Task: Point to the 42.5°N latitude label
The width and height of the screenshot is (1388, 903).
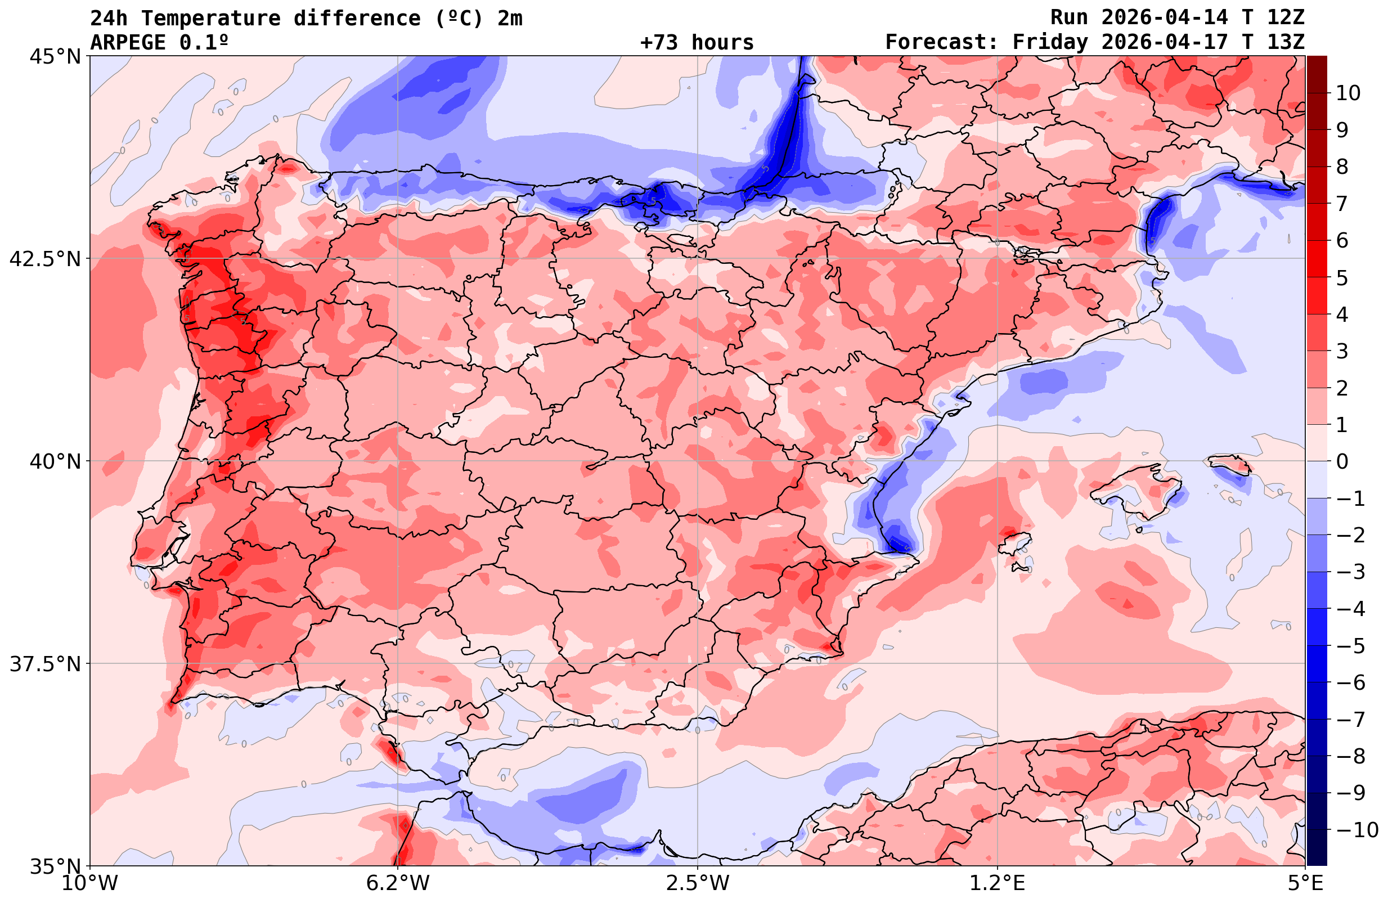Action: [45, 258]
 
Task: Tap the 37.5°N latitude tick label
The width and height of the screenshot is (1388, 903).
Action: [45, 664]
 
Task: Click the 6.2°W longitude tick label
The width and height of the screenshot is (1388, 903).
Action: [398, 883]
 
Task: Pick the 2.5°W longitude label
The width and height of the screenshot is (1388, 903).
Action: [698, 883]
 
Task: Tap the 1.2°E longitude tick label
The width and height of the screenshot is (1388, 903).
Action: [998, 883]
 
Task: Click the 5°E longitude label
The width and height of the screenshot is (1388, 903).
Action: [1305, 883]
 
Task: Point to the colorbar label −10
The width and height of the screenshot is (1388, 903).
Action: [1357, 829]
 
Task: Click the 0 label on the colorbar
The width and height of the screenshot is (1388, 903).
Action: [1342, 461]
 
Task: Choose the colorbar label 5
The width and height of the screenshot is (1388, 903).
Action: [1342, 278]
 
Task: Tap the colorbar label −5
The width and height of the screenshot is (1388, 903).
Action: [1351, 646]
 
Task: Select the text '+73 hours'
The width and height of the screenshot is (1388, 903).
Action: [697, 43]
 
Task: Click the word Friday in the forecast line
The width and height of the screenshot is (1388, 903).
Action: [1050, 43]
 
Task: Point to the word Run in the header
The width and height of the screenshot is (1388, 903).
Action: [1069, 17]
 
